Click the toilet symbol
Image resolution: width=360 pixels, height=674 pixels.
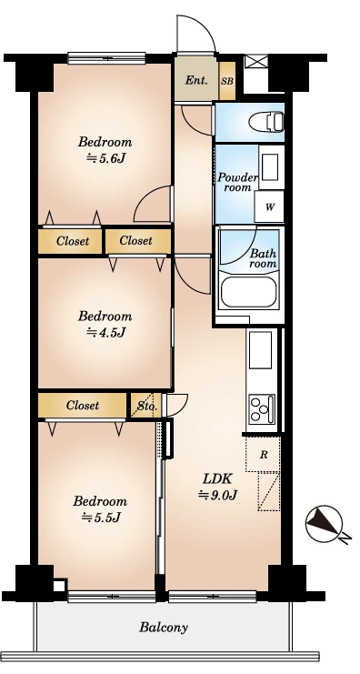[x=266, y=122]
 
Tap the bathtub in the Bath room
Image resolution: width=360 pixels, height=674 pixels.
[x=249, y=292]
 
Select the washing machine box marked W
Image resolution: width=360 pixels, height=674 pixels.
[x=269, y=207]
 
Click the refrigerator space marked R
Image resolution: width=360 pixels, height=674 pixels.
[x=263, y=455]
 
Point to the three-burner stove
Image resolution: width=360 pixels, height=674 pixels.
[x=262, y=408]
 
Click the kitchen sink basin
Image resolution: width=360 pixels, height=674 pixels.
[x=260, y=349]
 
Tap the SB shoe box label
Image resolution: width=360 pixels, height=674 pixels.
[x=227, y=80]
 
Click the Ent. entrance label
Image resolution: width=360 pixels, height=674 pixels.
[x=196, y=80]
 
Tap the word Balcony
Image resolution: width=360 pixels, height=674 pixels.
[x=164, y=627]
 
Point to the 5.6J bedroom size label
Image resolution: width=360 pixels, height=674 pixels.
[x=105, y=158]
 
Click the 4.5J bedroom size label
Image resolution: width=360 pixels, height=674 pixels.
[x=105, y=332]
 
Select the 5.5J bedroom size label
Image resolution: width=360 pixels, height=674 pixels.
[x=101, y=518]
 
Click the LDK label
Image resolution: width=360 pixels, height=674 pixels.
[x=217, y=478]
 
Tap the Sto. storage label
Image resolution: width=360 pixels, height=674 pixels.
[x=147, y=406]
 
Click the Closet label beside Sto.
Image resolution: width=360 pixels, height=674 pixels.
[x=83, y=405]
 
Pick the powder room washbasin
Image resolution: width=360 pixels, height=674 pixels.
[x=271, y=165]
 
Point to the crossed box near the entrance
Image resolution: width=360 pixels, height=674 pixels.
[x=256, y=61]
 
